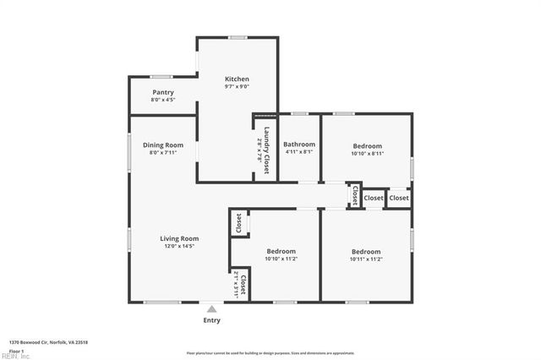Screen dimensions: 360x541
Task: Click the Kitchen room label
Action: tap(237, 79)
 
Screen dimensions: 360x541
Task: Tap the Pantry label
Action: tap(163, 92)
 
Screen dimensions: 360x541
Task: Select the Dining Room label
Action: tap(162, 145)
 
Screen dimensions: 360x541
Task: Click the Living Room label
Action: tap(179, 238)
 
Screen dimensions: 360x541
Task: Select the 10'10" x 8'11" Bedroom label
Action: tap(367, 145)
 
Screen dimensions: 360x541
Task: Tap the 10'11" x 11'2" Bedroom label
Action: tap(365, 252)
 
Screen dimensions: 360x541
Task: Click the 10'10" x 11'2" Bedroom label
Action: tap(281, 252)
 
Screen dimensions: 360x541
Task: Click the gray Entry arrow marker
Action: tap(211, 308)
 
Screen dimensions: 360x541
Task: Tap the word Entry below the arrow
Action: tap(211, 320)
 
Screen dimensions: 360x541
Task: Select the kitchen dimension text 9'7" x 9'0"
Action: tap(237, 86)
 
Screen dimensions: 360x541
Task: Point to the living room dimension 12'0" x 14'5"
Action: tap(179, 246)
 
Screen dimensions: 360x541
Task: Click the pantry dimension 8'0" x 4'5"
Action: tap(163, 100)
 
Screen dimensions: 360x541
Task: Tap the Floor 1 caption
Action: tap(16, 350)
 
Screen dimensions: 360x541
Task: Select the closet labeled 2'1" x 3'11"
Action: tap(241, 286)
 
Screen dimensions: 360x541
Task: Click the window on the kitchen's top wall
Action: tap(238, 37)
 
